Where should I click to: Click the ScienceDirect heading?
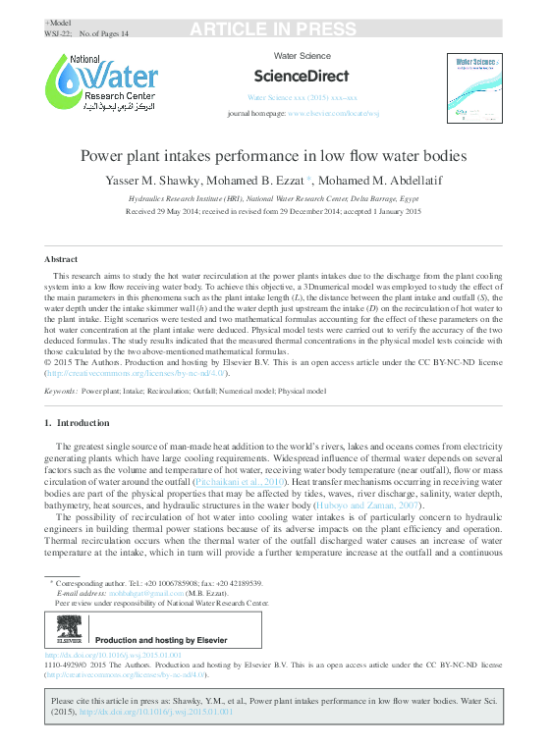302,76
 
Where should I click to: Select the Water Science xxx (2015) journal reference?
302,98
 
